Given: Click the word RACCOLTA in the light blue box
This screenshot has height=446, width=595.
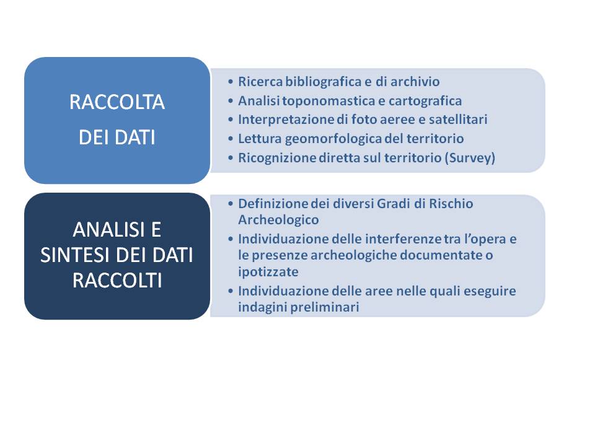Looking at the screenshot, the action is coord(117,102).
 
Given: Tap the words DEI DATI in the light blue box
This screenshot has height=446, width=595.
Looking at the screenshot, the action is coord(117,138).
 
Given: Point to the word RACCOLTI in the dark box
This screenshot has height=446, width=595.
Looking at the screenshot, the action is coord(117,281).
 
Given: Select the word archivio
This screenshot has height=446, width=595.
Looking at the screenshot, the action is coord(415,82).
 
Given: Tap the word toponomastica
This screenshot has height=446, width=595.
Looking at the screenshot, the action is coord(328,101).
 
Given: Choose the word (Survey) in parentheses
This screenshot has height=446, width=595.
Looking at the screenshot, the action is coord(470,158).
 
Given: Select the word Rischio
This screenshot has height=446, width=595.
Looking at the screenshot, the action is coord(451,204).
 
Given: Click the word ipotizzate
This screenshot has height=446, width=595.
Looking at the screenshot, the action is coord(268,272).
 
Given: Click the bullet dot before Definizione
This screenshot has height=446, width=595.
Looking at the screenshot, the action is coord(231,204).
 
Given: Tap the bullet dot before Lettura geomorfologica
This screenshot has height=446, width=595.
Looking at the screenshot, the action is coord(231,139).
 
